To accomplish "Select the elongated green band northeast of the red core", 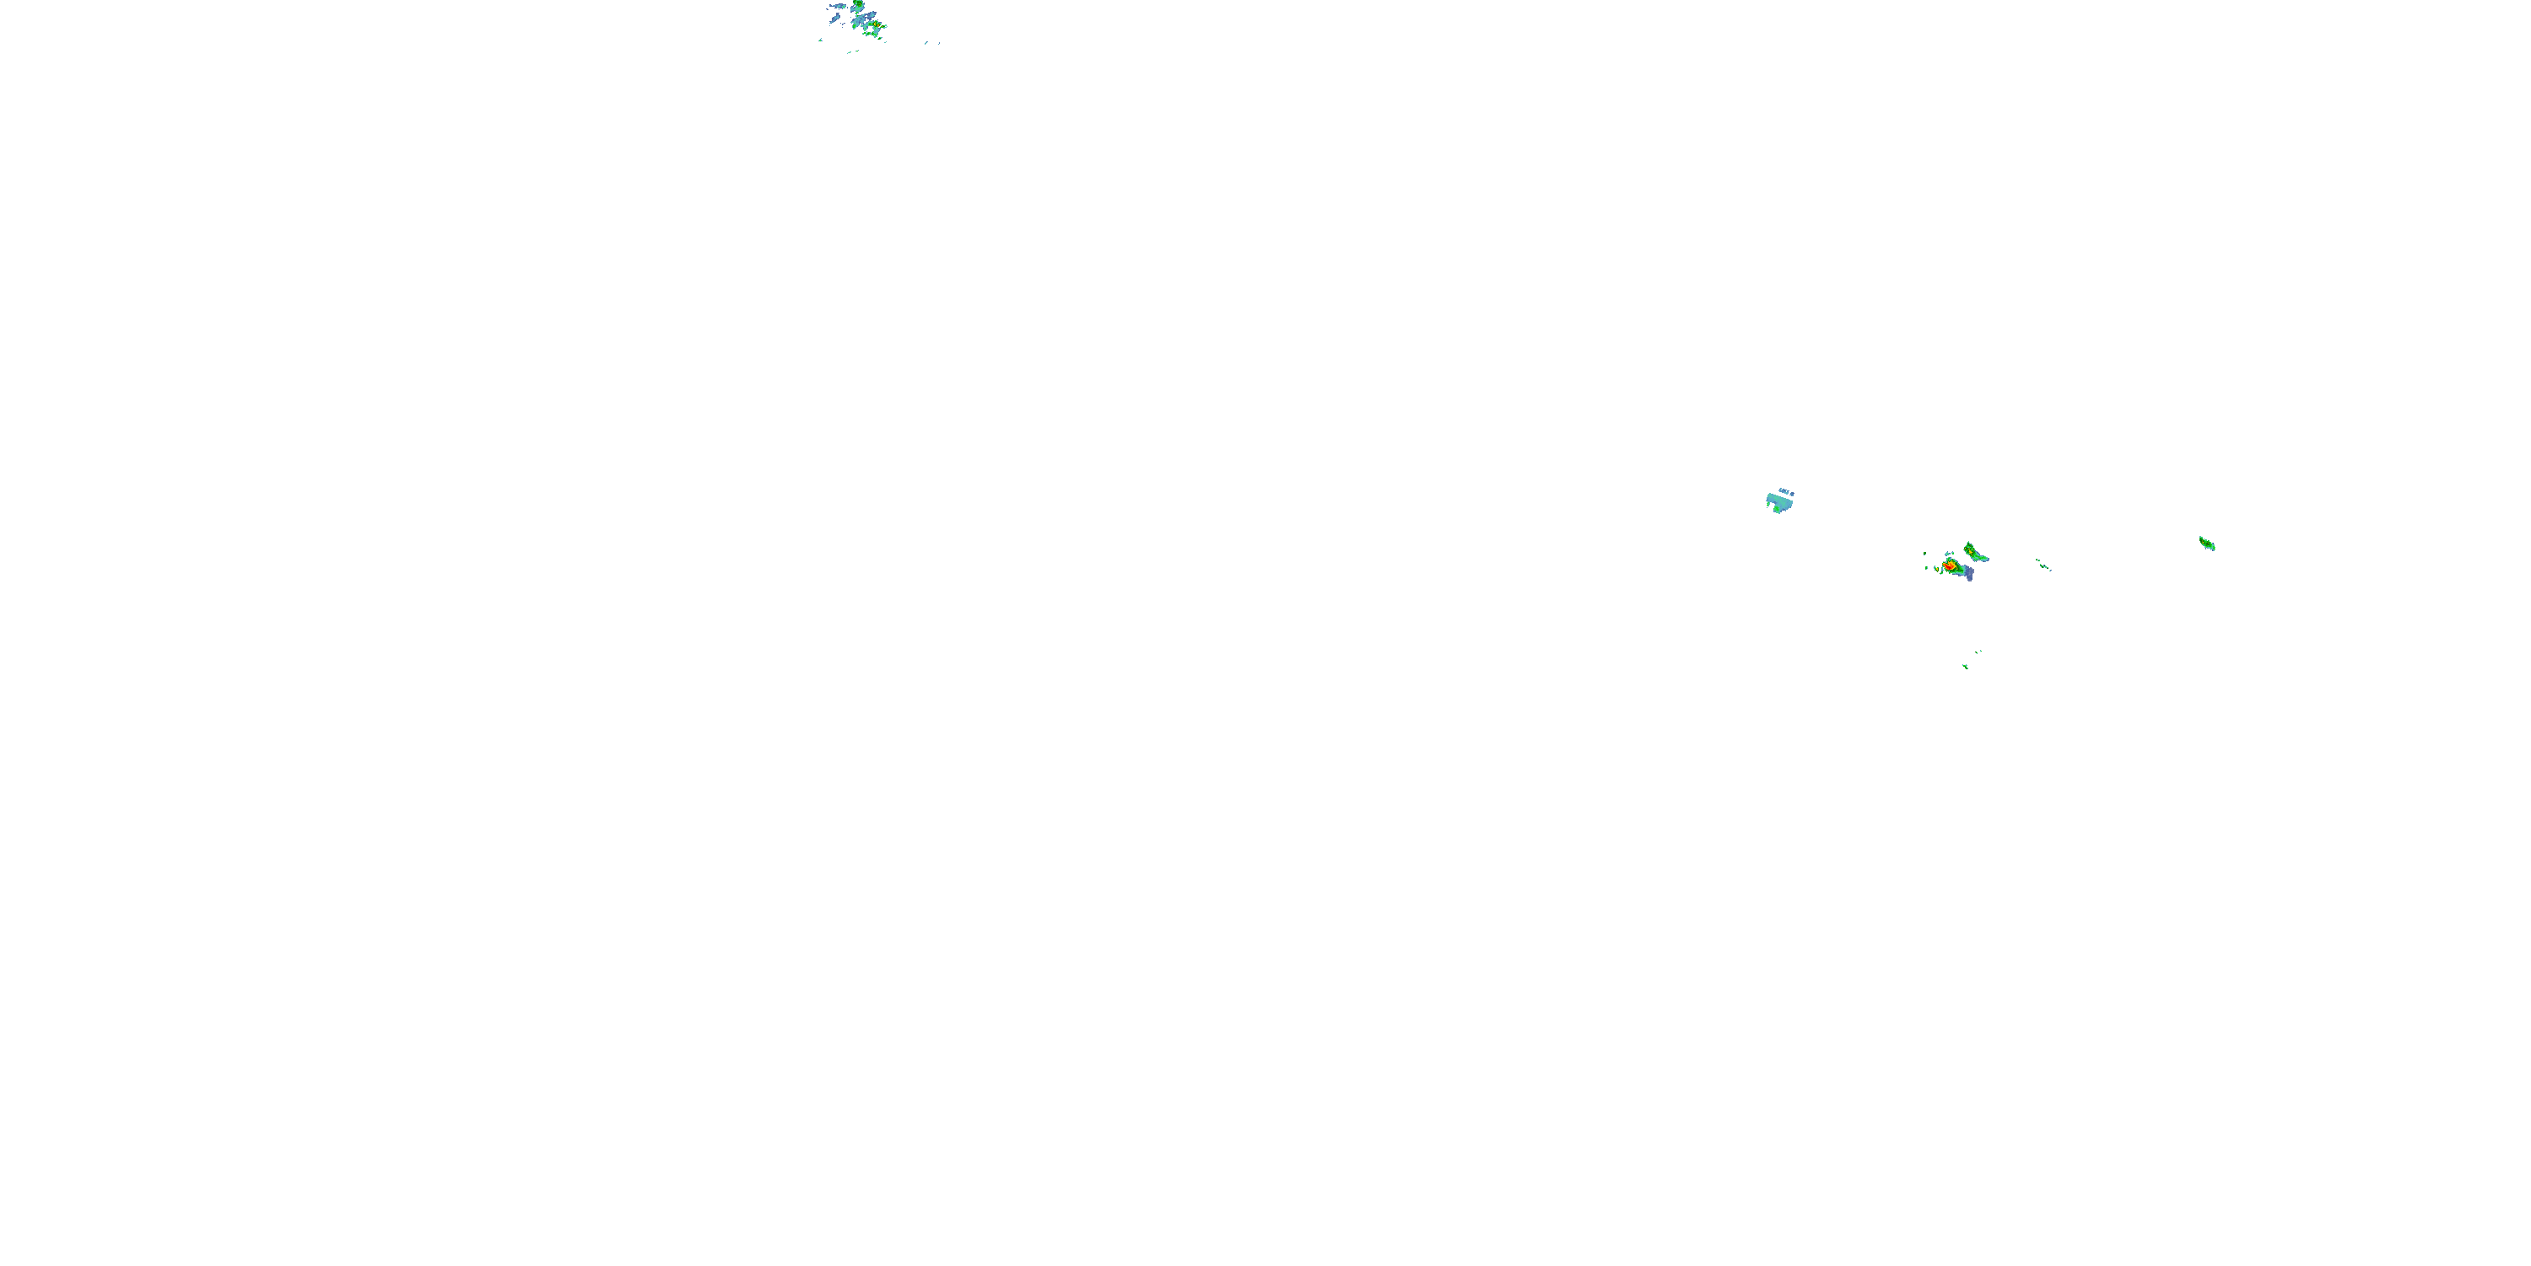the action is (x=1977, y=556).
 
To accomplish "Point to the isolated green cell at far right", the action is (x=2207, y=543).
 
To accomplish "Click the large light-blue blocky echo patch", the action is (x=1781, y=502).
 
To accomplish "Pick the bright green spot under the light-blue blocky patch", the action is (x=1778, y=508).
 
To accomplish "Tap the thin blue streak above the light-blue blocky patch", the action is (x=1784, y=490).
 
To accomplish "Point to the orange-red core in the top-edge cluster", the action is (x=878, y=25).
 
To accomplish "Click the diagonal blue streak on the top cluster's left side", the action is (x=836, y=18).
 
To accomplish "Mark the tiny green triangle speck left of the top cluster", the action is (x=822, y=41).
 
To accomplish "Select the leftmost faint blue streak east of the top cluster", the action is (x=926, y=42).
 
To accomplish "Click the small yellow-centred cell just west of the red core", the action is (x=1938, y=570).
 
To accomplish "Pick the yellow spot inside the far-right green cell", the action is (x=2206, y=542).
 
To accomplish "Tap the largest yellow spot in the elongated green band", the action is (x=1971, y=554).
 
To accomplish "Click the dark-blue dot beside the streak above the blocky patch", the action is (x=1792, y=495).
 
